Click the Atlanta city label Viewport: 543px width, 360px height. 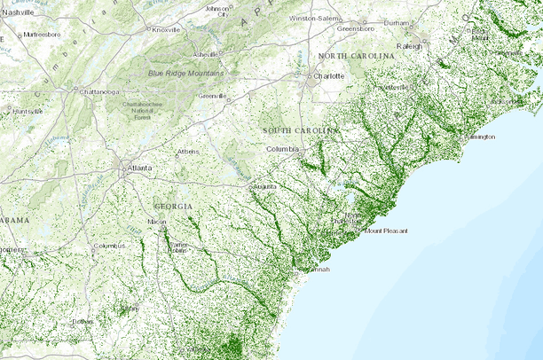click(139, 167)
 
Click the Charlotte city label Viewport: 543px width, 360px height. click(329, 76)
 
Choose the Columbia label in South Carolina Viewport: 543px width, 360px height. click(283, 148)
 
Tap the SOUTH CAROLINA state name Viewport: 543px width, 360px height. click(302, 130)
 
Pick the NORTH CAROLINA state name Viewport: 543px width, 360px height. click(356, 56)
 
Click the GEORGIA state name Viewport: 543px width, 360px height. click(174, 206)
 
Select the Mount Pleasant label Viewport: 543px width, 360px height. click(387, 231)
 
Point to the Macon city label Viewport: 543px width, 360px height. click(157, 222)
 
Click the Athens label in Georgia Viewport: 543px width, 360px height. click(188, 152)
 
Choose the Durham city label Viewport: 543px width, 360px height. click(397, 22)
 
